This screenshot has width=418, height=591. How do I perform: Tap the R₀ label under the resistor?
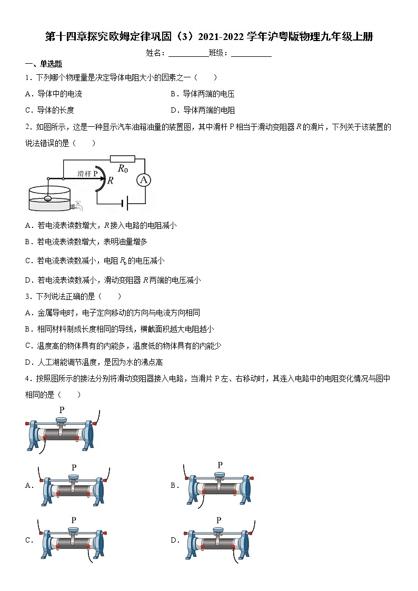[x=123, y=169]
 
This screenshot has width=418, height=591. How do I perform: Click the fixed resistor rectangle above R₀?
[x=123, y=158]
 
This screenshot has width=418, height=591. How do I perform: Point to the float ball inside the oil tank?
[x=48, y=199]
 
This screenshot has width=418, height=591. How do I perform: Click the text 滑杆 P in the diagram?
[x=88, y=173]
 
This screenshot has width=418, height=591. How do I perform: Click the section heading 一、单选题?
[x=44, y=64]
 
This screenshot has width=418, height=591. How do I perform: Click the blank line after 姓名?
[x=188, y=53]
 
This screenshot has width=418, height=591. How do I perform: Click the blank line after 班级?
[x=251, y=53]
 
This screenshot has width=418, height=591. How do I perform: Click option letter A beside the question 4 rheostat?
[x=29, y=486]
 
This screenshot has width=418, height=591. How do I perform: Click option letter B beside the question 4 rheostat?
[x=175, y=486]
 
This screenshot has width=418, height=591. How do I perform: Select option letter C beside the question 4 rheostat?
[x=29, y=540]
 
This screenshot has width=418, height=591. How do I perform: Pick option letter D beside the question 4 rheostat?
[x=175, y=540]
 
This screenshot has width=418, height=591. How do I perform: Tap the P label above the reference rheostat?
[x=62, y=410]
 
